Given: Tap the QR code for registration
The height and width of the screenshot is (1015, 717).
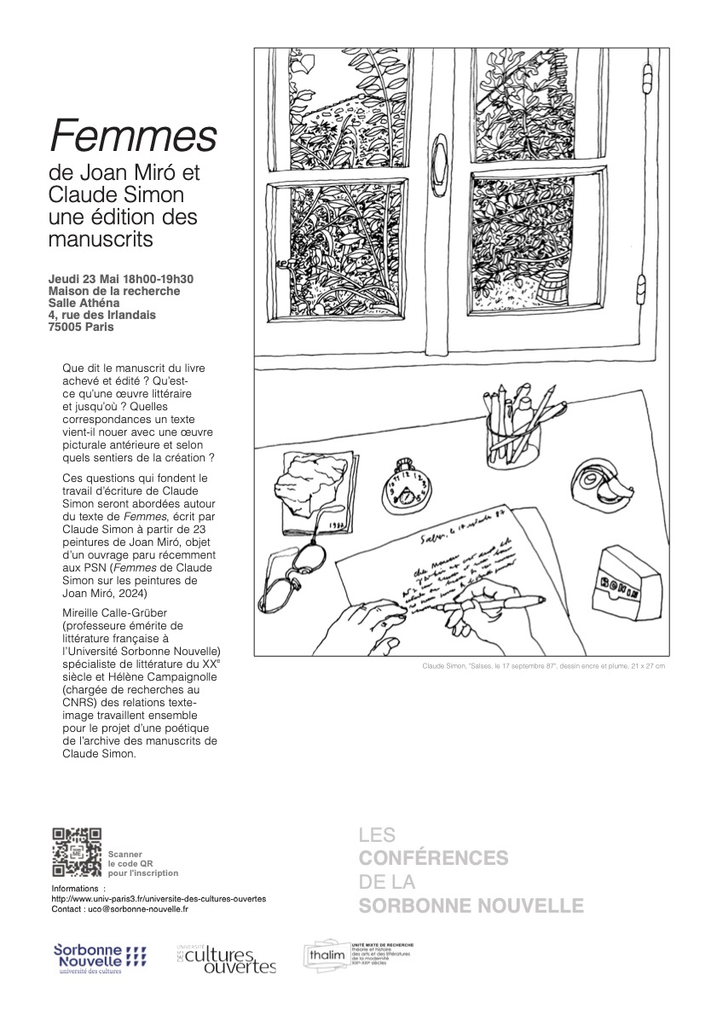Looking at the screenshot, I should (77, 852).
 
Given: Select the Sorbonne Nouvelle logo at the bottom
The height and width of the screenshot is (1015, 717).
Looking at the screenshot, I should (99, 958).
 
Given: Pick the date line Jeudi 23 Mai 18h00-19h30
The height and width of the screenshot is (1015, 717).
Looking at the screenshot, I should (122, 279).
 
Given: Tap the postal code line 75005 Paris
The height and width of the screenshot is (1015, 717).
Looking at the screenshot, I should (81, 327).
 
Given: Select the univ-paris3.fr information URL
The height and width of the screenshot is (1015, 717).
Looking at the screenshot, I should (159, 898).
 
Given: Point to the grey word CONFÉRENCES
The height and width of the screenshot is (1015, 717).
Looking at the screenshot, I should (433, 857).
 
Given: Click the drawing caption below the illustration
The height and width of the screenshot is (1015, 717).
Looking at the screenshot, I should (543, 665).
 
